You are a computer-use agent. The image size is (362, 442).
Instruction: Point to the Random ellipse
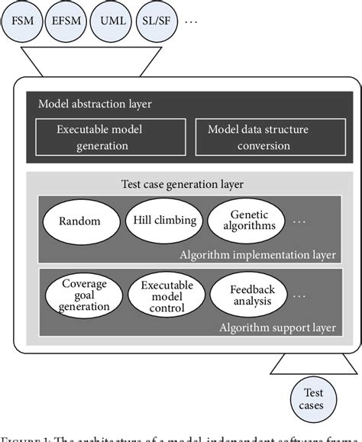coord(81,221)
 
